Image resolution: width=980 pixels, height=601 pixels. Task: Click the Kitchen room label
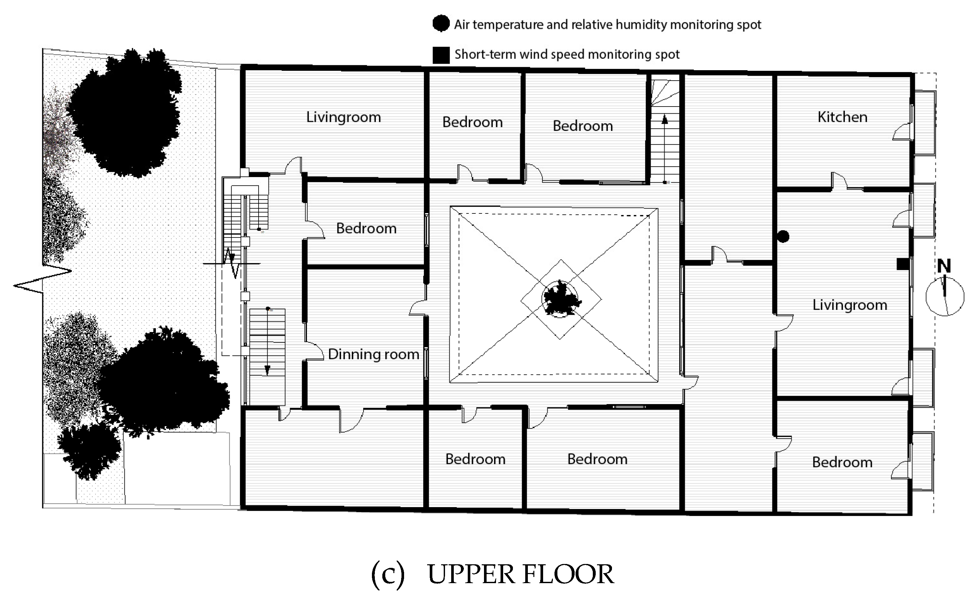coord(842,117)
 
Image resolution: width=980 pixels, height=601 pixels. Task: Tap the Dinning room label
coord(373,354)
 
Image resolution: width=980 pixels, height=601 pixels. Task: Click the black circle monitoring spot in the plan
coord(783,237)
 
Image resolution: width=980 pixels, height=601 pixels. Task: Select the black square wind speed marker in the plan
coord(902,264)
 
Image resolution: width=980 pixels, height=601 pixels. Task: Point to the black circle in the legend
coord(441,23)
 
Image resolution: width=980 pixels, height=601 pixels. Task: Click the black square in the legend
coord(441,55)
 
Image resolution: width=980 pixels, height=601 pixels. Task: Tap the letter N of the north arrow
coord(944,266)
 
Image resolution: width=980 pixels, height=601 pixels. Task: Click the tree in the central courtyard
coord(560,298)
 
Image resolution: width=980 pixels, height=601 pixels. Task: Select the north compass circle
coord(945,297)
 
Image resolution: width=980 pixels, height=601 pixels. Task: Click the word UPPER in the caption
coord(470,574)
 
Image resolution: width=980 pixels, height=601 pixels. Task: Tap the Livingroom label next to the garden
coord(343,117)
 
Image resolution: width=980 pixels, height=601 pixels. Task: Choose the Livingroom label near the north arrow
coord(849,305)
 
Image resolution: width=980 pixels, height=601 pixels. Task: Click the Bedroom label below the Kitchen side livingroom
coord(842,462)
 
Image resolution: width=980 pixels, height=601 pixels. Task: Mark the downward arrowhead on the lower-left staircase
coord(267,370)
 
